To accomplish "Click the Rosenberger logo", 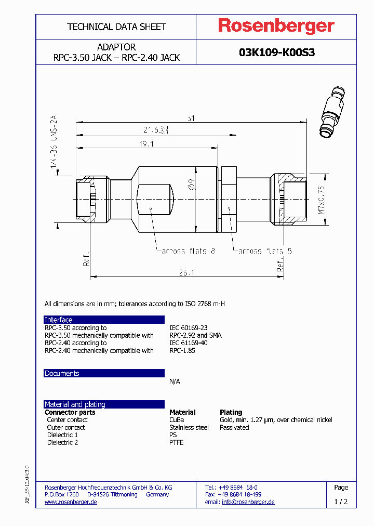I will click(276, 26).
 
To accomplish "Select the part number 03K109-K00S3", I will click(276, 52).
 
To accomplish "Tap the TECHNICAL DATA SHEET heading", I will click(116, 27).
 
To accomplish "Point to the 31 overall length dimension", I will click(191, 119).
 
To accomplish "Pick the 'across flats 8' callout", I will click(188, 251).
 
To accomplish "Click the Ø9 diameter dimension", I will click(191, 185).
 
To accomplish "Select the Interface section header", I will click(59, 320).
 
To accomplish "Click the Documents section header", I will click(62, 373).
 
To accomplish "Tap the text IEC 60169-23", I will click(188, 328).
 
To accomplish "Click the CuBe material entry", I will click(177, 419).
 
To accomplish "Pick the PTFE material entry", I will click(177, 442).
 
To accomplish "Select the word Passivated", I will click(234, 427).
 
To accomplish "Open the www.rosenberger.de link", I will click(71, 502).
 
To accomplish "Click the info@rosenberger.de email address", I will click(248, 502).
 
